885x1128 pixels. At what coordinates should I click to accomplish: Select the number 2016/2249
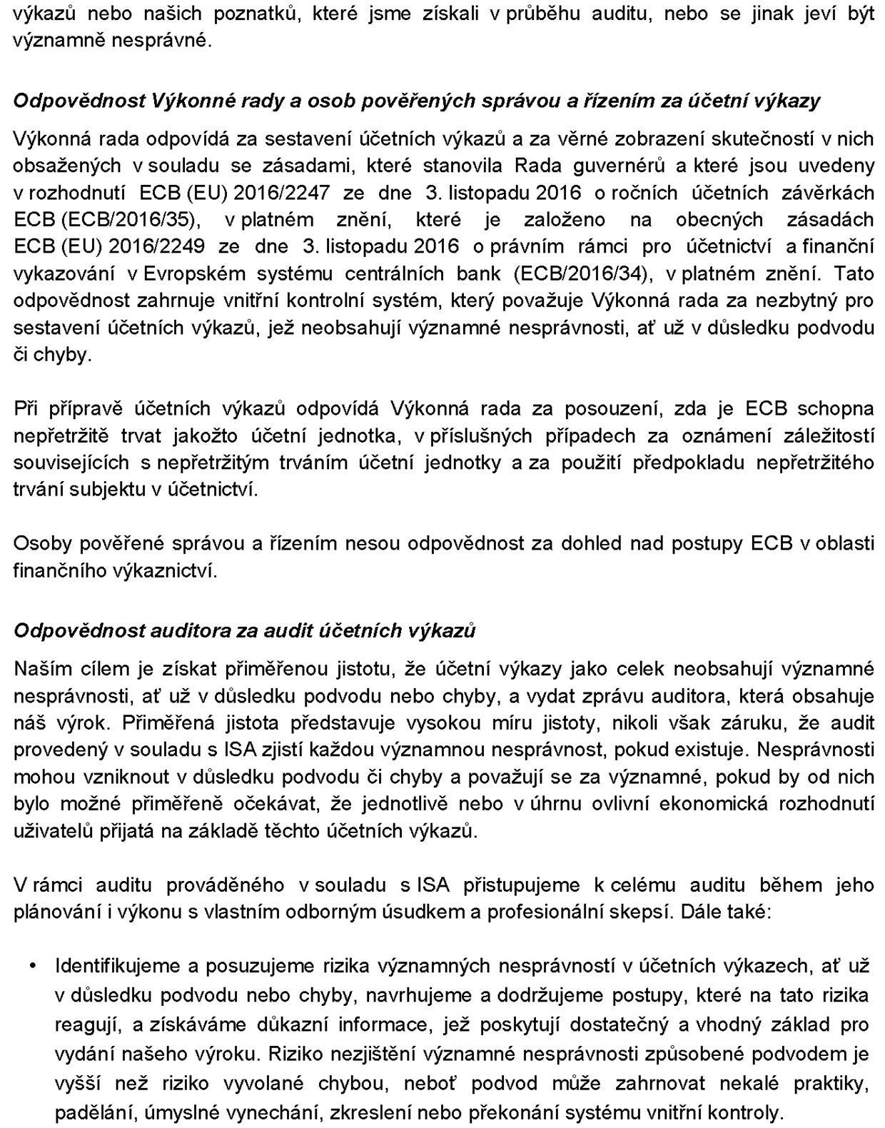[x=157, y=246]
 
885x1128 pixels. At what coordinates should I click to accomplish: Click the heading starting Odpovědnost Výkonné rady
[x=417, y=101]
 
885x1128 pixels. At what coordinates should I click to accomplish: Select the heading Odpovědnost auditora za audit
[x=244, y=631]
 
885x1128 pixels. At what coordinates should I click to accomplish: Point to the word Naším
[x=44, y=669]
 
